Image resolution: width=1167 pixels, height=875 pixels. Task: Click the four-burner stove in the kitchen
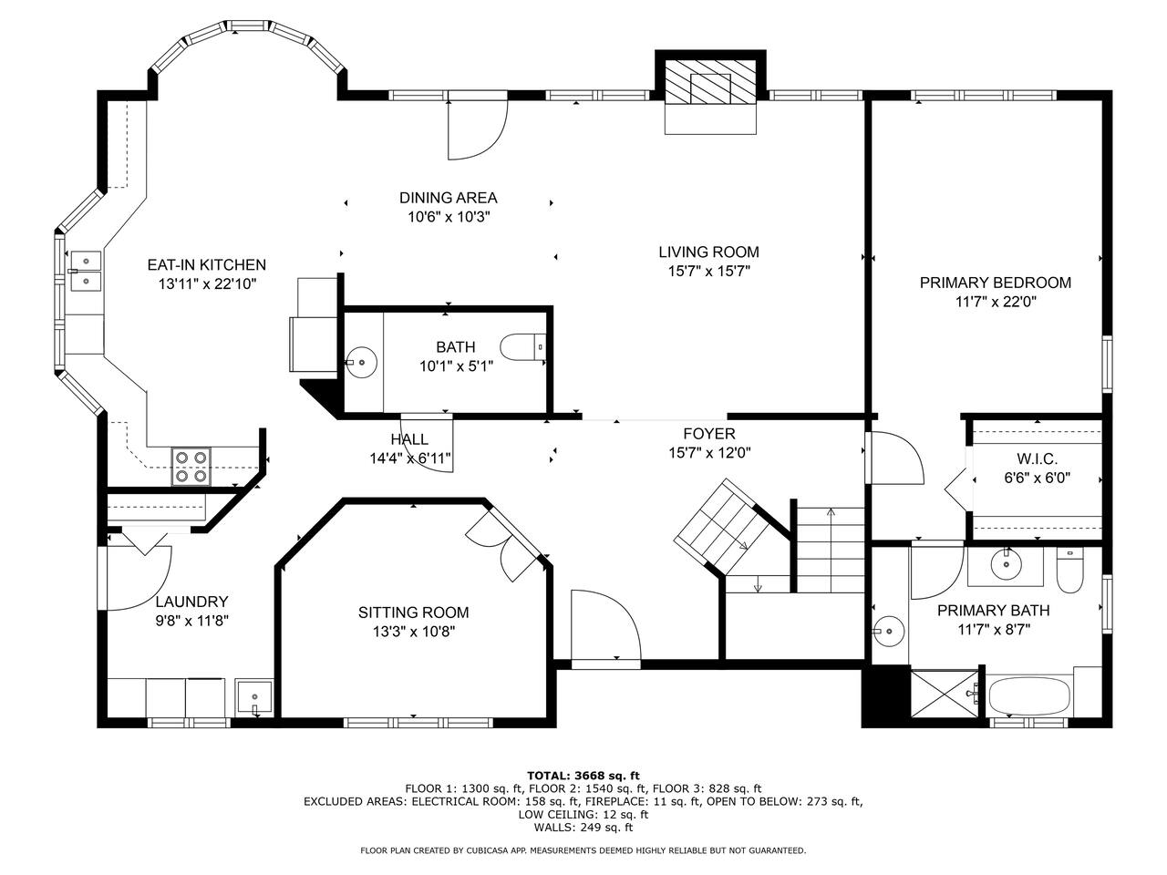point(191,467)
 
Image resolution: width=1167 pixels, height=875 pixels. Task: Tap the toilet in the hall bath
point(523,347)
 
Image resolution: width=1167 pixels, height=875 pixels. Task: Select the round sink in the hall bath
point(362,363)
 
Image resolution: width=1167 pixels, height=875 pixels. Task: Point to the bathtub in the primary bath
point(1029,696)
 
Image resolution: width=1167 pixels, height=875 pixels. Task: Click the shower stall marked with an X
point(945,694)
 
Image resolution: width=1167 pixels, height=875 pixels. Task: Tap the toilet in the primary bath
point(1069,571)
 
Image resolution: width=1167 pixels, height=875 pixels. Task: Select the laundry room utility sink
point(254,698)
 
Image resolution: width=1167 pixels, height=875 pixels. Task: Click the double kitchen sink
point(86,271)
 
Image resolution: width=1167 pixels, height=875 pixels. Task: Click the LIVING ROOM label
point(708,252)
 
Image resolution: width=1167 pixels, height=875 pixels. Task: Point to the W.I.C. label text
point(1037,458)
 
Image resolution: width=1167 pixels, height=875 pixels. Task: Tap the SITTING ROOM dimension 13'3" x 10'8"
point(414,632)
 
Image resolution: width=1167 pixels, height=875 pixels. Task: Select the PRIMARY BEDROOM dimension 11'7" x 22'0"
point(996,302)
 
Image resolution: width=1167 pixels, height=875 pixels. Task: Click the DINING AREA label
point(449,198)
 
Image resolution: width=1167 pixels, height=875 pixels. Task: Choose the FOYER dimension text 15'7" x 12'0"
point(709,453)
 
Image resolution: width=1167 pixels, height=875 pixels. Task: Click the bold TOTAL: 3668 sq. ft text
point(583,776)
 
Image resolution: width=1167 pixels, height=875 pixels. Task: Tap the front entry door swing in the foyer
point(606,623)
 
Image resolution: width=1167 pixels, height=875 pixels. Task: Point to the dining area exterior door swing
point(478,130)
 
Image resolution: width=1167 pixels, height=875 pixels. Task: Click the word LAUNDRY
point(191,602)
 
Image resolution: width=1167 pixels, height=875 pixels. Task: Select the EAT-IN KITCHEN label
point(206,264)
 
